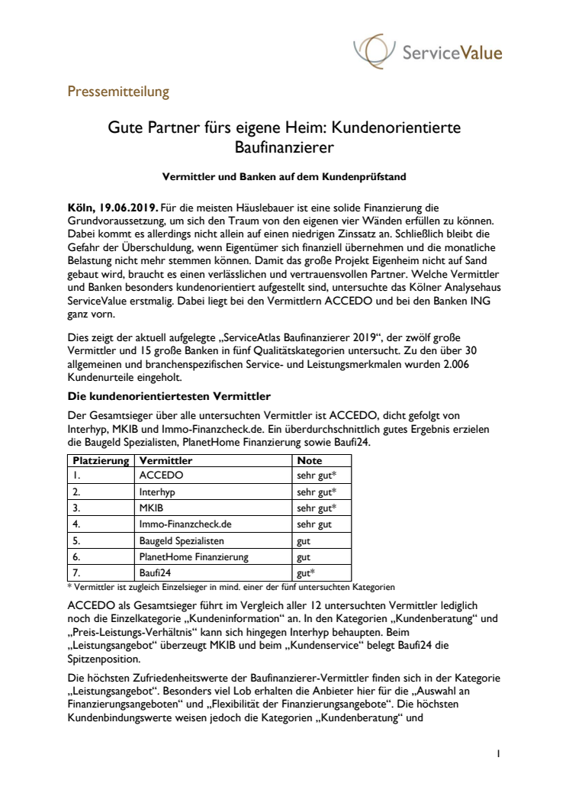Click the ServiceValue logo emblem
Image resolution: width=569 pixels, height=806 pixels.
(375, 51)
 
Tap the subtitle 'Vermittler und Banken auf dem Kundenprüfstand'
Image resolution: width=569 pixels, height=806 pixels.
(284, 176)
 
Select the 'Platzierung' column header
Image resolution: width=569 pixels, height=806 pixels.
(99, 461)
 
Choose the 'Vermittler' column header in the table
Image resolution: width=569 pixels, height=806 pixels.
(166, 461)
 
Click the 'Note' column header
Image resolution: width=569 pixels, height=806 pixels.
(310, 461)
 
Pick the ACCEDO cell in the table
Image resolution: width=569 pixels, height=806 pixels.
(162, 475)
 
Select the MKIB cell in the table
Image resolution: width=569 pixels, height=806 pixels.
(152, 508)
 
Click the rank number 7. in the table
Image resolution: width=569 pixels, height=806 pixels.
(76, 573)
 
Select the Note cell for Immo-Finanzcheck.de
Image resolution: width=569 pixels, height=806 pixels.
(313, 524)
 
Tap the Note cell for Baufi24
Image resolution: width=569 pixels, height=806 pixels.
(307, 573)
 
